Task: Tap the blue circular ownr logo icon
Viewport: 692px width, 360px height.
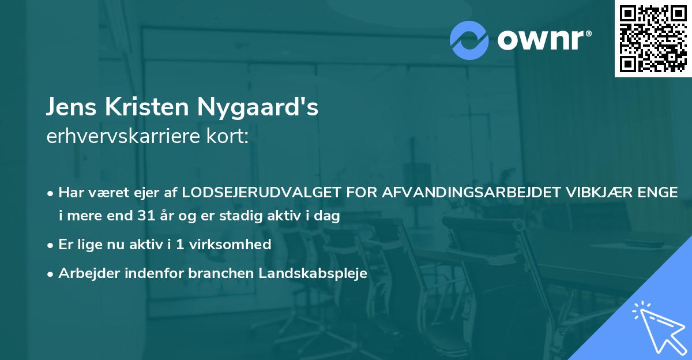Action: click(x=469, y=40)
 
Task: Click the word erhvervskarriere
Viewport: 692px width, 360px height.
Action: click(x=118, y=136)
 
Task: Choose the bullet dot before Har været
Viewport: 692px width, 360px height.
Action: click(x=51, y=193)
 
